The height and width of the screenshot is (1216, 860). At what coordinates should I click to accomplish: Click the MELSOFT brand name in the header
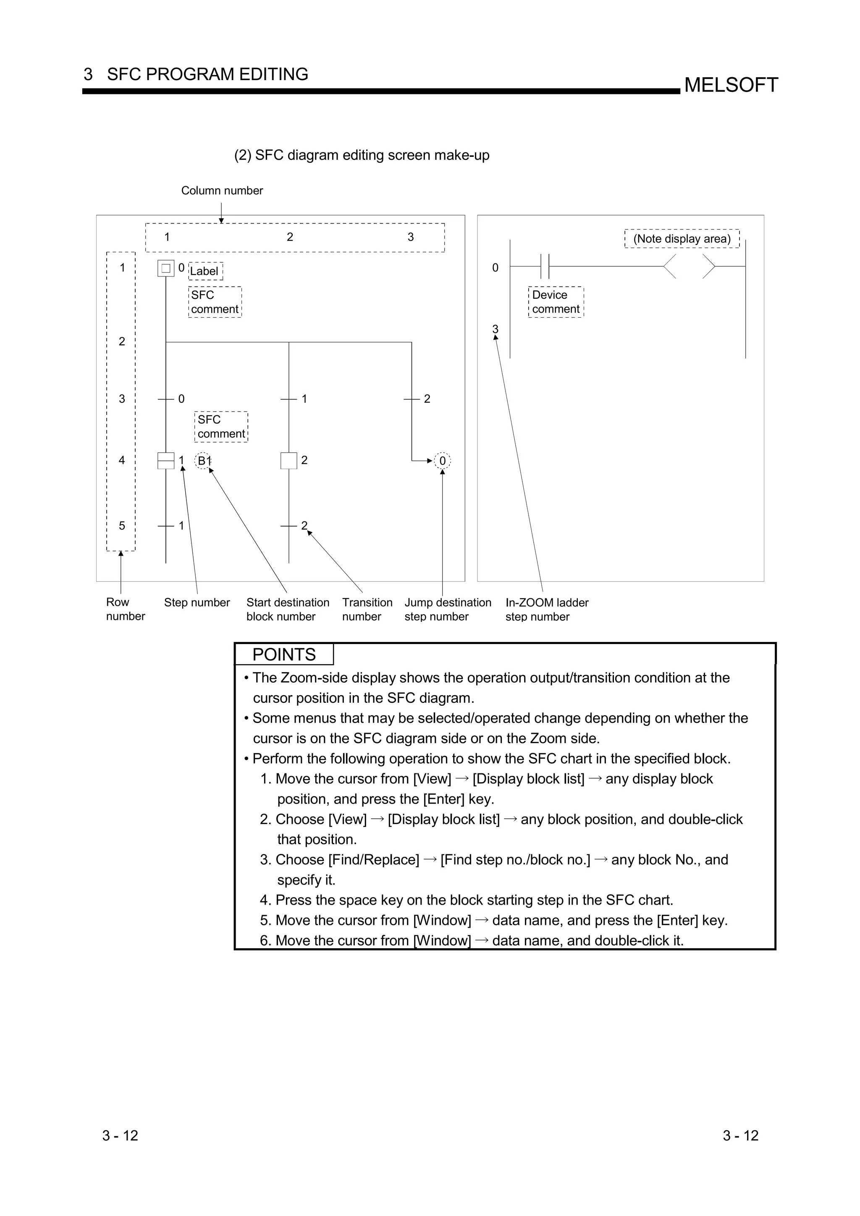pyautogui.click(x=731, y=85)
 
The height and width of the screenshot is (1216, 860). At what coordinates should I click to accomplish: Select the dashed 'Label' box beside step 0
pyautogui.click(x=205, y=271)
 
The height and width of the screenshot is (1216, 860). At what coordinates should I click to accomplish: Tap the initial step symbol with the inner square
pyautogui.click(x=166, y=269)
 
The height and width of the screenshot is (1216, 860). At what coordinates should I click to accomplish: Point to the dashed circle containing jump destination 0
pyautogui.click(x=443, y=461)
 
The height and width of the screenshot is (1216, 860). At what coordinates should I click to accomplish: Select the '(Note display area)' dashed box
pyautogui.click(x=682, y=239)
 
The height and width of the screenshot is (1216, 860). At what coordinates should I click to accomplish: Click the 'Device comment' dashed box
pyautogui.click(x=556, y=302)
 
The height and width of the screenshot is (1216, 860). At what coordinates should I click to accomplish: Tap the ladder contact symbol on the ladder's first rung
pyautogui.click(x=545, y=266)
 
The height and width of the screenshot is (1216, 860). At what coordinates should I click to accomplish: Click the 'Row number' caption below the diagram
pyautogui.click(x=125, y=609)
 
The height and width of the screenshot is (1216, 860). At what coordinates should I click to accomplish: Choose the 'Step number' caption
pyautogui.click(x=197, y=603)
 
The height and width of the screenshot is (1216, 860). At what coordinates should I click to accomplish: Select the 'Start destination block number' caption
pyautogui.click(x=287, y=610)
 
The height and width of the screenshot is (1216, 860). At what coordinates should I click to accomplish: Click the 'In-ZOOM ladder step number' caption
pyautogui.click(x=546, y=610)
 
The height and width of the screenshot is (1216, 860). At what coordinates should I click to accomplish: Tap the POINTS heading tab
pyautogui.click(x=284, y=655)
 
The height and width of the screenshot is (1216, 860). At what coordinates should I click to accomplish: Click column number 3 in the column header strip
pyautogui.click(x=411, y=237)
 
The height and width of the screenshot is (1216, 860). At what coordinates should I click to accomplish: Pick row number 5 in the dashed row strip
pyautogui.click(x=122, y=526)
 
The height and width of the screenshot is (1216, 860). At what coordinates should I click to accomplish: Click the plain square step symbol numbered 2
pyautogui.click(x=289, y=461)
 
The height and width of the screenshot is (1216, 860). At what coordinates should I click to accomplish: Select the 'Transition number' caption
pyautogui.click(x=367, y=610)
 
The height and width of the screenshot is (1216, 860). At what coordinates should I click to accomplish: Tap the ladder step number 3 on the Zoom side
pyautogui.click(x=496, y=329)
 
